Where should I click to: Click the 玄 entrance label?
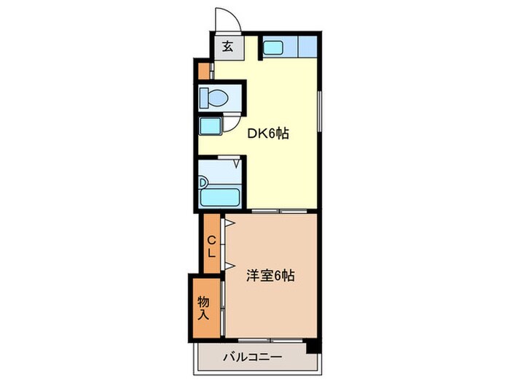pos(227,47)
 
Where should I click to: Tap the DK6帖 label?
pos(269,134)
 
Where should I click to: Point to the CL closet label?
pos(211,247)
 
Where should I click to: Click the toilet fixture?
pos(216,96)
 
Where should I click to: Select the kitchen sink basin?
pos(274,47)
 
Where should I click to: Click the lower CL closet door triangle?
pos(229,265)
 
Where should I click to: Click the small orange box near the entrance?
pos(203,71)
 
